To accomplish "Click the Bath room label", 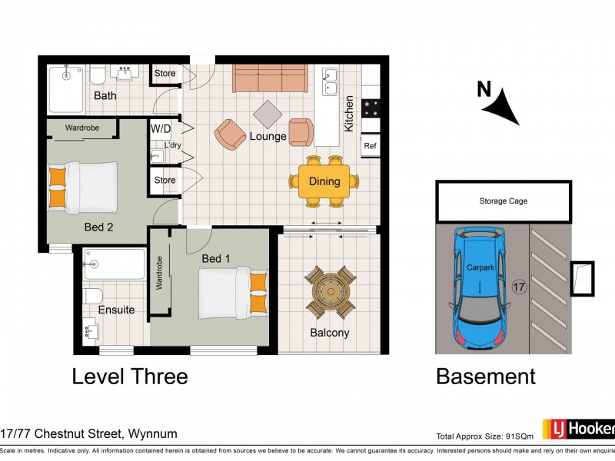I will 105,96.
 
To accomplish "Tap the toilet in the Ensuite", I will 92,296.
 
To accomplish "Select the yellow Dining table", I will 324,182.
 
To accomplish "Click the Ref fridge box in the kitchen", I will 371,145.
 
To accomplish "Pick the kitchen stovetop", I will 371,108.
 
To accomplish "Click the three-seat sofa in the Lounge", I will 270,78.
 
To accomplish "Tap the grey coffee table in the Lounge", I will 268,114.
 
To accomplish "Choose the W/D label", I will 161,128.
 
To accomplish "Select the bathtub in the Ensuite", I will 113,264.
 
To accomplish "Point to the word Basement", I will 485,376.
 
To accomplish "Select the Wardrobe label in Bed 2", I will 81,128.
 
